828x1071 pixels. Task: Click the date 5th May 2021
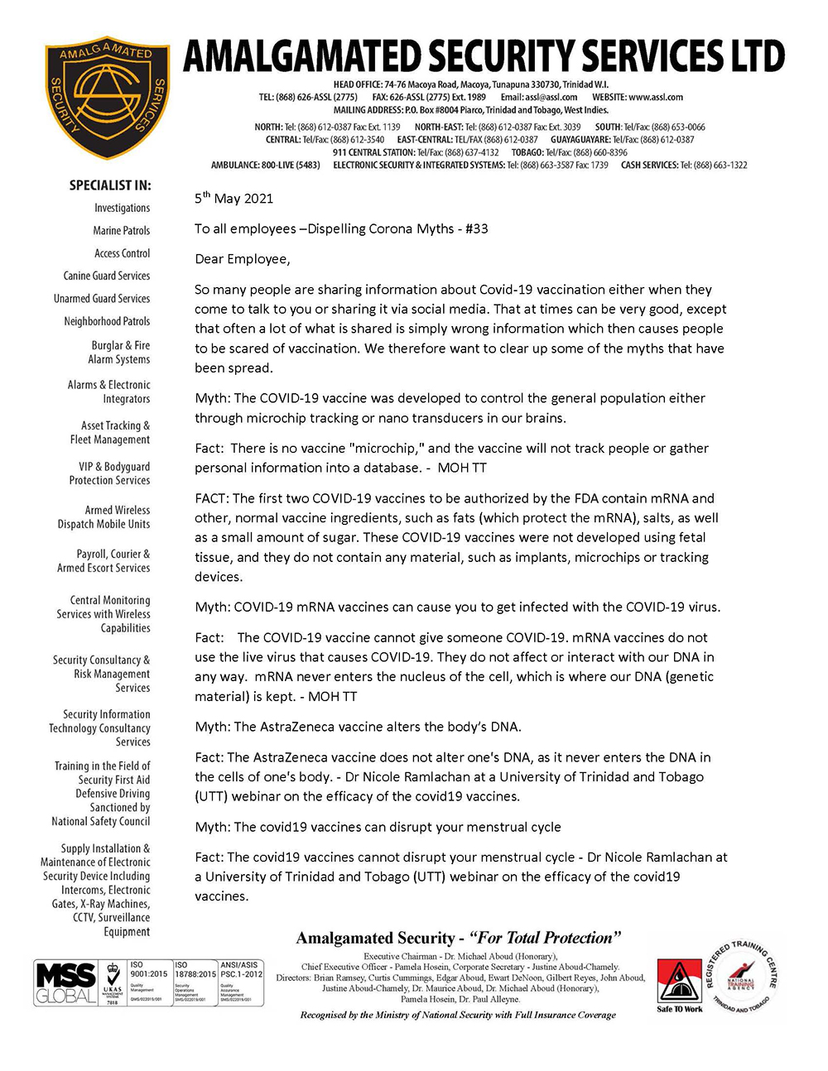233,199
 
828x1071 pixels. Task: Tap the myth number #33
476,228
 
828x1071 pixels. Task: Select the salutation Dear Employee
243,259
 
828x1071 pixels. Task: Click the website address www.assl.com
655,97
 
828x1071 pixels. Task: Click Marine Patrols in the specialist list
121,230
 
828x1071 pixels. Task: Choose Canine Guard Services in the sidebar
107,276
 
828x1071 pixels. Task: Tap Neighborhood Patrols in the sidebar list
107,321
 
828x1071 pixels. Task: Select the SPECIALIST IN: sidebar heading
110,185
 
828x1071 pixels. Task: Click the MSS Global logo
65,982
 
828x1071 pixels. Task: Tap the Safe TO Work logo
680,985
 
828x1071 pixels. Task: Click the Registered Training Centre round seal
741,977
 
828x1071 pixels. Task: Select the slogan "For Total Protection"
545,938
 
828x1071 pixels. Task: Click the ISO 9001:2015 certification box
148,982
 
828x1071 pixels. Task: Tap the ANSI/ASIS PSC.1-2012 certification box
240,982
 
